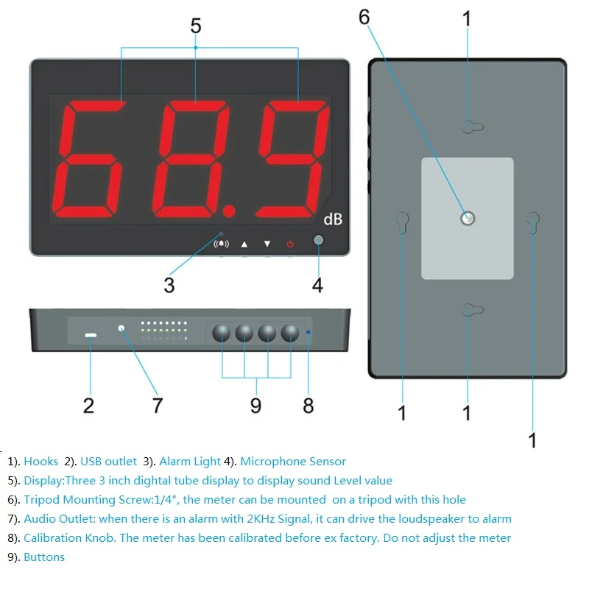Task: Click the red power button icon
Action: coord(290,244)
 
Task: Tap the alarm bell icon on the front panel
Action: coord(221,244)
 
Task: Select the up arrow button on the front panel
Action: coord(245,244)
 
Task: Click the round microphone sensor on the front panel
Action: coord(318,241)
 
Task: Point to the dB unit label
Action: coord(333,219)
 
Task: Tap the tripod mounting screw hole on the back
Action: coord(468,218)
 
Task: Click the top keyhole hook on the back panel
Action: coord(472,127)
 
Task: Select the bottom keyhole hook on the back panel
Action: coord(472,309)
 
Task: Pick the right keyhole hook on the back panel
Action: coord(532,222)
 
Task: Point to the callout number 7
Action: coord(158,405)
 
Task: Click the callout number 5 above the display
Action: coord(195,26)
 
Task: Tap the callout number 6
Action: coord(364,17)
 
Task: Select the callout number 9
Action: coord(255,405)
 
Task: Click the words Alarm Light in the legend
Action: coord(190,462)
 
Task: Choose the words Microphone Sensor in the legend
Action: coord(293,462)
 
